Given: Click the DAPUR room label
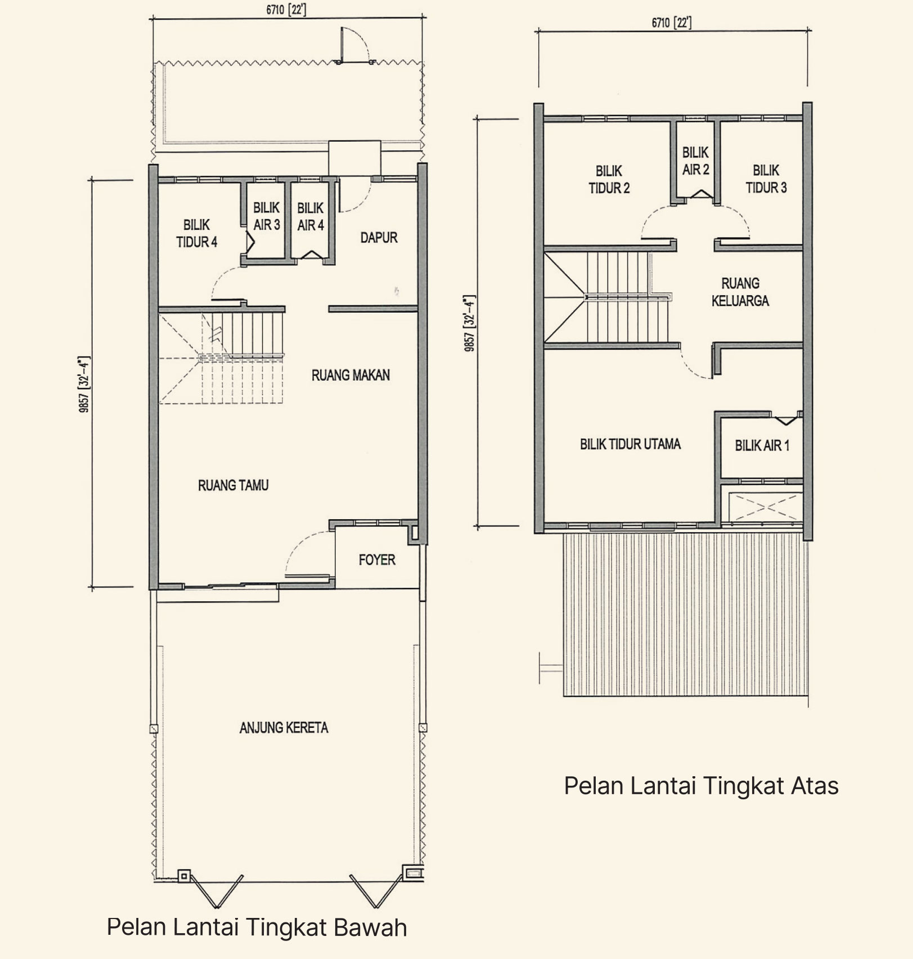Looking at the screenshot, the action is (x=379, y=237).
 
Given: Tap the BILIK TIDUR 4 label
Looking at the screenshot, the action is (x=197, y=233).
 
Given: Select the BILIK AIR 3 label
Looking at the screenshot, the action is (x=267, y=217).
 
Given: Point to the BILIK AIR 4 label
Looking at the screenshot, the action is (x=311, y=217).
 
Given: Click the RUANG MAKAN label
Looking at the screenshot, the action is (x=350, y=375).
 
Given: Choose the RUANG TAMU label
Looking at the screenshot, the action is (x=233, y=485).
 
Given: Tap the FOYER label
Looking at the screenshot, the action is (x=377, y=560).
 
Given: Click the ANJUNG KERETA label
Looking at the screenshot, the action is (x=284, y=728).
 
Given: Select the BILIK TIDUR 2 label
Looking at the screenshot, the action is (x=609, y=179).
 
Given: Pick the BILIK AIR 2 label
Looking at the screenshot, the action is (x=696, y=161).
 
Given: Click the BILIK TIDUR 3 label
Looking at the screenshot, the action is (x=766, y=179).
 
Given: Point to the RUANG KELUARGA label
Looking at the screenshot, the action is (x=740, y=292).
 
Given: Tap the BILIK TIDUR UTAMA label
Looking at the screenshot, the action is (x=630, y=444).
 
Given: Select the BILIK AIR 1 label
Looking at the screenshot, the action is (x=762, y=446).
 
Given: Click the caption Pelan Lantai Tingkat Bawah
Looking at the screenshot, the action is (x=257, y=927).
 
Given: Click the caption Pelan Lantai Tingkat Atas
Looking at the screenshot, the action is (x=701, y=786).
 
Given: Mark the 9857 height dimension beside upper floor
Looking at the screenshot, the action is (x=470, y=323).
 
